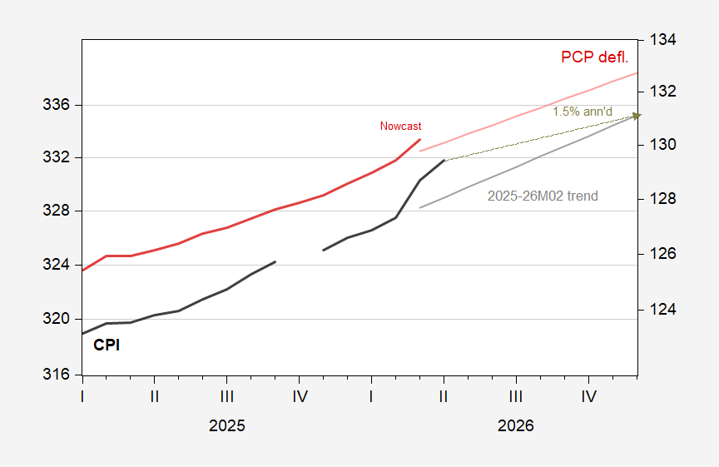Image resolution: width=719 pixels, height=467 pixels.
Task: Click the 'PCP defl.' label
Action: tap(593, 57)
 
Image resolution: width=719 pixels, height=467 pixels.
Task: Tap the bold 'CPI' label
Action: tap(107, 345)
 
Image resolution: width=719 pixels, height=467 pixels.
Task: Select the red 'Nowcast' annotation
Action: tap(400, 127)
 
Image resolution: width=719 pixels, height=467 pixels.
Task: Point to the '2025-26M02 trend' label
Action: tap(542, 196)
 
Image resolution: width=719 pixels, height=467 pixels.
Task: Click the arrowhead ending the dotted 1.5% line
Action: tap(636, 116)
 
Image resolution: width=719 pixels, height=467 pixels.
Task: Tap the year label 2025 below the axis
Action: tap(226, 425)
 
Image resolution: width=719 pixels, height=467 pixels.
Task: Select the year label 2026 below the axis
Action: tap(516, 425)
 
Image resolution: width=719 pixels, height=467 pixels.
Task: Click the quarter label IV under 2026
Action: tap(588, 396)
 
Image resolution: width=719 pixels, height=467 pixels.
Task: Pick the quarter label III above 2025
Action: tap(226, 396)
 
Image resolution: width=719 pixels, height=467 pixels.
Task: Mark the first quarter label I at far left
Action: tap(82, 396)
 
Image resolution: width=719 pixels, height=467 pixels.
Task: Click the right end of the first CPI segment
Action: tap(275, 262)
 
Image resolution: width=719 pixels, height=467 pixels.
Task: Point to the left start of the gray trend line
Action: tap(420, 207)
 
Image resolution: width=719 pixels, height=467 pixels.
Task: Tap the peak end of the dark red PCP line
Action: tap(420, 140)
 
